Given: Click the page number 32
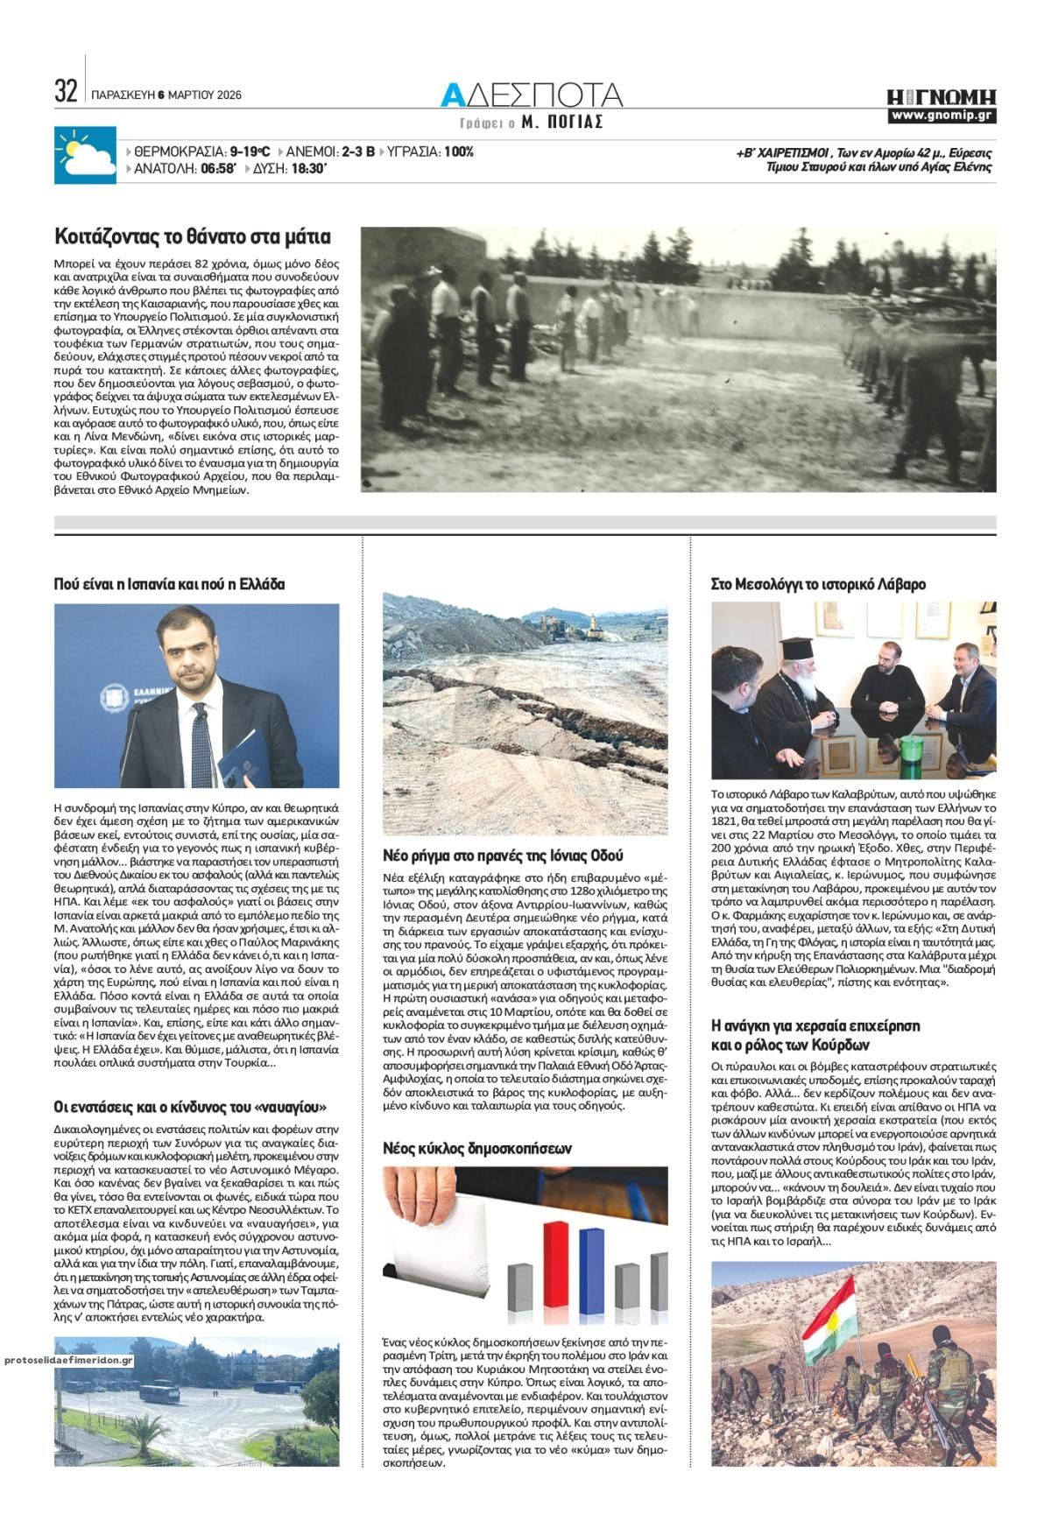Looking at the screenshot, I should (66, 91).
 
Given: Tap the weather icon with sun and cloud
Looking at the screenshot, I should (85, 155).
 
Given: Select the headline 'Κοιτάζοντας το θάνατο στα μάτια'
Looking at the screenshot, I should (192, 236).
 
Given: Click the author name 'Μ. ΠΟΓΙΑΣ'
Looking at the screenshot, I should (561, 123).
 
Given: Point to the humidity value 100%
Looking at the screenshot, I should (458, 151).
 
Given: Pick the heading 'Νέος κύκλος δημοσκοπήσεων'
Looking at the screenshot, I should (477, 1147).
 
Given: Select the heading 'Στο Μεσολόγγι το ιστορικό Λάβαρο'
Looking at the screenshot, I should (818, 584).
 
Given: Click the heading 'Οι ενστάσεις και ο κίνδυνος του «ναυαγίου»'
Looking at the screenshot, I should (195, 1107).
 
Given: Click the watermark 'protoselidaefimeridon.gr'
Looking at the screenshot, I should (68, 1360).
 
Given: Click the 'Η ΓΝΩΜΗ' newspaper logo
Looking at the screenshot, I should (942, 96).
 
